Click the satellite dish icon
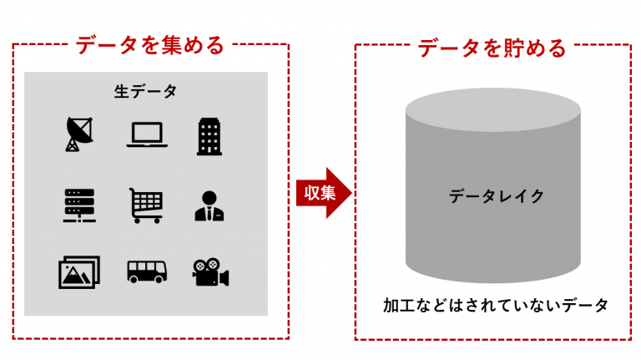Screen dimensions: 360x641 pos(80,134)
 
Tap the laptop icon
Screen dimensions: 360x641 pos(147,134)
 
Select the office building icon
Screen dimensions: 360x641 pos(209,135)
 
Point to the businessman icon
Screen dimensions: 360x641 pos(209,205)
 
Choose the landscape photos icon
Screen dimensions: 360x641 pos(79,272)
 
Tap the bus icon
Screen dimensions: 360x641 pos(147,271)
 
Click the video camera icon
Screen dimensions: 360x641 pos(210,272)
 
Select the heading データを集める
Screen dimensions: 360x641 pos(150,45)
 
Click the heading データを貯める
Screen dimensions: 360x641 pos(492,47)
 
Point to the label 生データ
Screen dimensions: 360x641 pos(145,91)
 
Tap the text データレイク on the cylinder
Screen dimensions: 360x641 pos(497,196)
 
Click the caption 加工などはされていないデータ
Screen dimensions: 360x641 pos(496,305)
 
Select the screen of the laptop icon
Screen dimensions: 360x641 pos(147,132)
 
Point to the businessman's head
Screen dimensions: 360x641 pos(209,197)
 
